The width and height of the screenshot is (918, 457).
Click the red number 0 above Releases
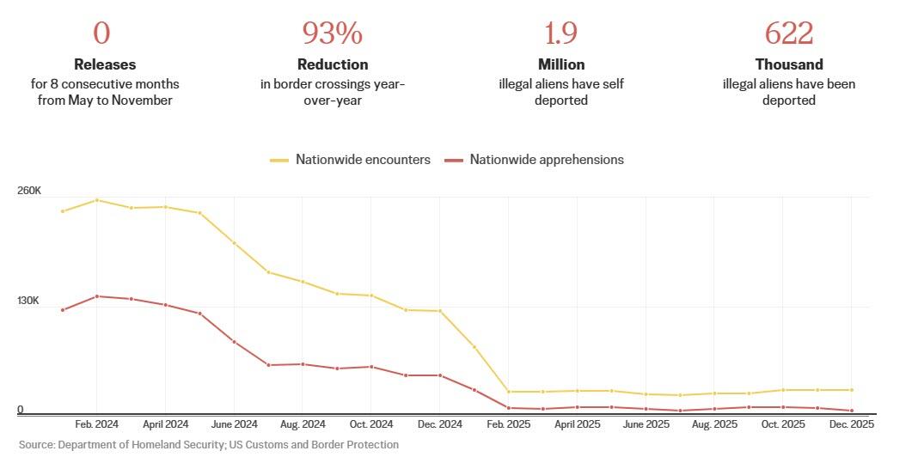pos(101,34)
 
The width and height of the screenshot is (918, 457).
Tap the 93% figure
pos(332,34)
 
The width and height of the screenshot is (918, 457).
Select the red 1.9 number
pos(560,34)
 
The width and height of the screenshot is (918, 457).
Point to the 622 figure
pos(789,34)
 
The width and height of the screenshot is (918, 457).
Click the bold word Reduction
pos(333,64)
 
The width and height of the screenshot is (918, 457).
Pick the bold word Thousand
pos(789,64)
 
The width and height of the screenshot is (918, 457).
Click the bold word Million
pos(561,64)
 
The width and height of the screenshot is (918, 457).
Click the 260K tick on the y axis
pos(29,191)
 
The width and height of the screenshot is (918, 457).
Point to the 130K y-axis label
pos(29,301)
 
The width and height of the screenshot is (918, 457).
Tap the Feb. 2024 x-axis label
pos(96,424)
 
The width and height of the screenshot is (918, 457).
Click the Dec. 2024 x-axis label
pos(439,424)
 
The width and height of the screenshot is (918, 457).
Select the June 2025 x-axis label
pos(646,424)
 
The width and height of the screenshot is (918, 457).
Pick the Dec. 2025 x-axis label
pos(851,424)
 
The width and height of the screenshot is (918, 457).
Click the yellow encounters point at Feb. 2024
pos(96,200)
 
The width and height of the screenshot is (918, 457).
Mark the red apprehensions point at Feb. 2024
pos(96,296)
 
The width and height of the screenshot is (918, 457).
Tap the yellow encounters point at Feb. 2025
pos(508,392)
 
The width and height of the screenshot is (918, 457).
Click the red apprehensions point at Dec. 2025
pos(851,411)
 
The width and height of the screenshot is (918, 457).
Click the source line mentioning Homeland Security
pos(209,445)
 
